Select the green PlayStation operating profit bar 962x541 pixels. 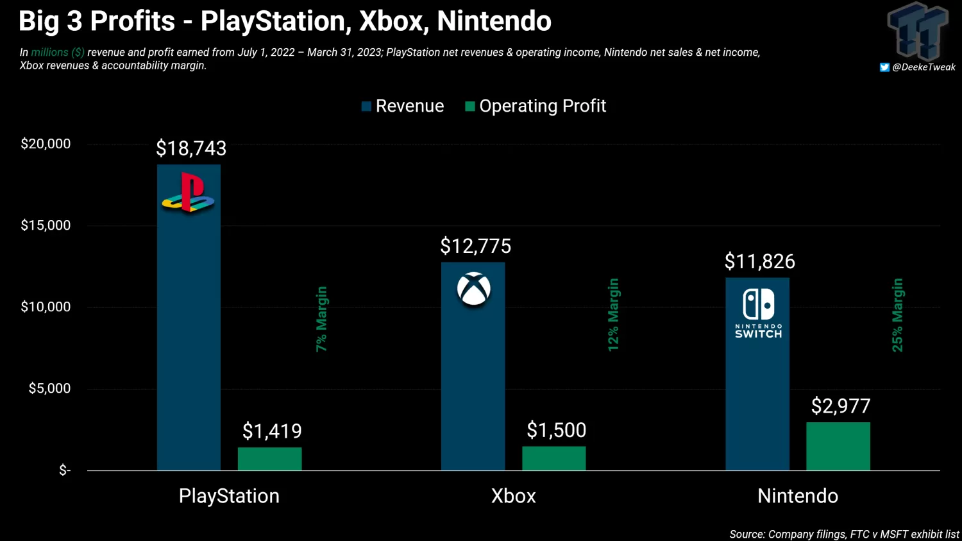pyautogui.click(x=269, y=459)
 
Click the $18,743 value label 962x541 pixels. pyautogui.click(x=191, y=149)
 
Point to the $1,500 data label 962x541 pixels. pyautogui.click(x=556, y=430)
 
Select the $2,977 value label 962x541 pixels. pyautogui.click(x=840, y=406)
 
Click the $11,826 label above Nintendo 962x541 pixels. pyautogui.click(x=759, y=261)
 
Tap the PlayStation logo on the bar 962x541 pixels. pyautogui.click(x=188, y=193)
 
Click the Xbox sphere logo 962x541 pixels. pyautogui.click(x=474, y=289)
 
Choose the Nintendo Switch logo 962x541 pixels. pyautogui.click(x=758, y=313)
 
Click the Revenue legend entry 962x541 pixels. pyautogui.click(x=403, y=106)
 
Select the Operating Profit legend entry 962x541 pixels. pyautogui.click(x=536, y=106)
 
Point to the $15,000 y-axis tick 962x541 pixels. pyautogui.click(x=46, y=225)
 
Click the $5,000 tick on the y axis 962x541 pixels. pyautogui.click(x=49, y=388)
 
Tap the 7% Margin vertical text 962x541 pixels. pyautogui.click(x=321, y=319)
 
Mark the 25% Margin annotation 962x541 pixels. pyautogui.click(x=897, y=314)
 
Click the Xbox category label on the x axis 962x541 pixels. pyautogui.click(x=513, y=496)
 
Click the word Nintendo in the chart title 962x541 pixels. pyautogui.click(x=494, y=21)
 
